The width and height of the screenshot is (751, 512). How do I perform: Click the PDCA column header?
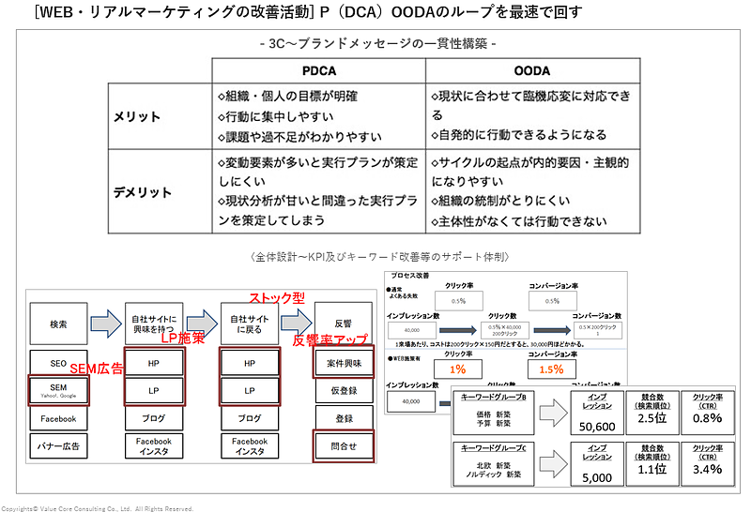coord(319,70)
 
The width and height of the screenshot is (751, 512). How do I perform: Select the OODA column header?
coord(532,70)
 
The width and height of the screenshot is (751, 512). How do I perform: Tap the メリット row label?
coord(136,116)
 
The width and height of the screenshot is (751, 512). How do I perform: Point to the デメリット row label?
coord(143,192)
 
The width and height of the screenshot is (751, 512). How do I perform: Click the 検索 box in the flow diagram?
coord(58,324)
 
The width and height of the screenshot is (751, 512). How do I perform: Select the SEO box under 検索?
coord(58,361)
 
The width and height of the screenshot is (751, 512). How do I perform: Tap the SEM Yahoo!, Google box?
coord(58,390)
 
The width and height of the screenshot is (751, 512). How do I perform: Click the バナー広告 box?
coord(58,445)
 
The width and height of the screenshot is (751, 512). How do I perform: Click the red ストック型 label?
coord(278,297)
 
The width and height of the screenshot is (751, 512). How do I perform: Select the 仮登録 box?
coord(343,389)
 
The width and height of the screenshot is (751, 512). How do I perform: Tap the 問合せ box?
coord(343,445)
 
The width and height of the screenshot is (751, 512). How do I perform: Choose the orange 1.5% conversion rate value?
coord(552,369)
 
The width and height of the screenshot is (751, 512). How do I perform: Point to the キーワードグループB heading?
coord(498,398)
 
